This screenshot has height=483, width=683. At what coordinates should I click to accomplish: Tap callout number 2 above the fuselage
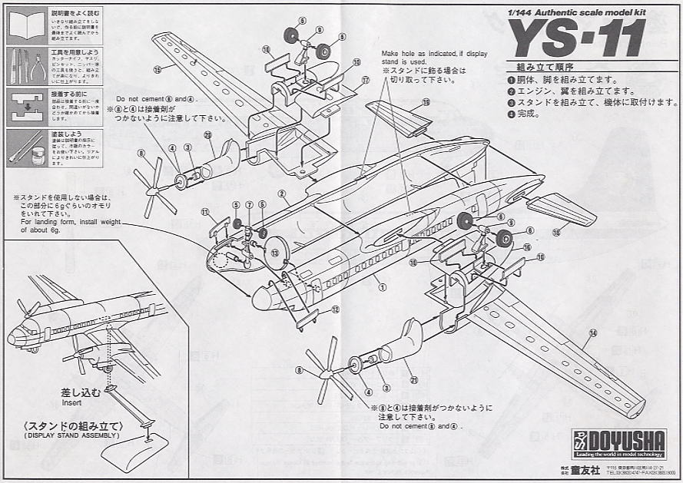pyautogui.click(x=282, y=194)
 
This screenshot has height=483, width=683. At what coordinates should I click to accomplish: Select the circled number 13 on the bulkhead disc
pyautogui.click(x=274, y=252)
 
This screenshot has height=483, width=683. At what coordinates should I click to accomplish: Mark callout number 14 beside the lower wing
pyautogui.click(x=592, y=333)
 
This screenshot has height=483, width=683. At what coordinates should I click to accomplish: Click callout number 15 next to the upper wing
pyautogui.click(x=157, y=70)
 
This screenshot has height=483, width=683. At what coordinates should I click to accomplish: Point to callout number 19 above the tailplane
pyautogui.click(x=425, y=101)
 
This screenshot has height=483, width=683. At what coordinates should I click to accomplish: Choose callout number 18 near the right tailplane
pyautogui.click(x=555, y=230)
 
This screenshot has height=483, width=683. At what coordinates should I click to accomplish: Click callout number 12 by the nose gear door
pyautogui.click(x=335, y=309)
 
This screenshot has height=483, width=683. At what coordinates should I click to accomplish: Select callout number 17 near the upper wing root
pyautogui.click(x=366, y=80)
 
